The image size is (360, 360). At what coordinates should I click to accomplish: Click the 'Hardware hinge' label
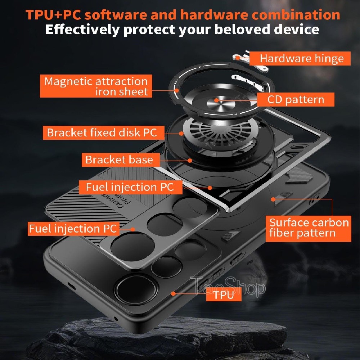[x=300, y=59]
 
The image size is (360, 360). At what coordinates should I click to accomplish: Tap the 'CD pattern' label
[x=296, y=100]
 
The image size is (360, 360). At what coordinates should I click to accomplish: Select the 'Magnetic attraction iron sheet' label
[x=96, y=86]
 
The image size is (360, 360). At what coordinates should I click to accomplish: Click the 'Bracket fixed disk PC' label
[x=104, y=133]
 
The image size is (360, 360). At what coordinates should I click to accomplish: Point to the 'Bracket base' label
[x=121, y=160]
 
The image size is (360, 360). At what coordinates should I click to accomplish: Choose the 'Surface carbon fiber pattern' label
[x=309, y=229]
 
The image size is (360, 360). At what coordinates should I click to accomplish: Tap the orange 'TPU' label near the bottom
[x=224, y=294]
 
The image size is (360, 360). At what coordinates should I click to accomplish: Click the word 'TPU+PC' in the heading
[x=53, y=15]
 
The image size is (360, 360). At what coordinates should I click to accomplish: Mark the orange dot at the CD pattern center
[x=216, y=100]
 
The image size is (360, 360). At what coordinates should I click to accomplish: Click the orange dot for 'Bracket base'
[x=190, y=161]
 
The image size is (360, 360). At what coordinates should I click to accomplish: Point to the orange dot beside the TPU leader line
[x=174, y=294]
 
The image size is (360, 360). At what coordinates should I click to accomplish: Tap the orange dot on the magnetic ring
[x=177, y=90]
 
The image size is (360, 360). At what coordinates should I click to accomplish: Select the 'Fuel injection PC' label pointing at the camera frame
[x=73, y=229]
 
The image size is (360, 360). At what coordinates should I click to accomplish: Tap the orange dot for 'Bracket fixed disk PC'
[x=181, y=134]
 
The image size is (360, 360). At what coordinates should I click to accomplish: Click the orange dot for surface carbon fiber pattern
[x=273, y=199]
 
